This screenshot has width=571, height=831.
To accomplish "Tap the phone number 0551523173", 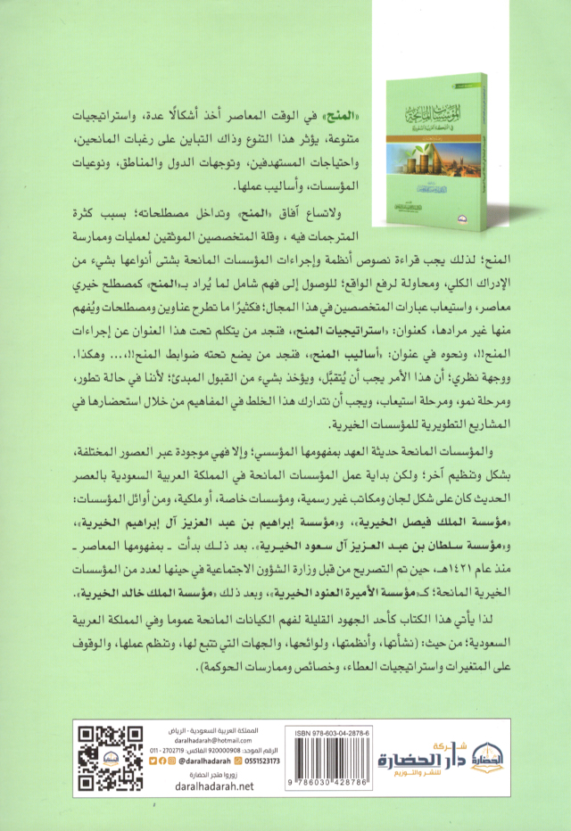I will [x=277, y=761].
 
